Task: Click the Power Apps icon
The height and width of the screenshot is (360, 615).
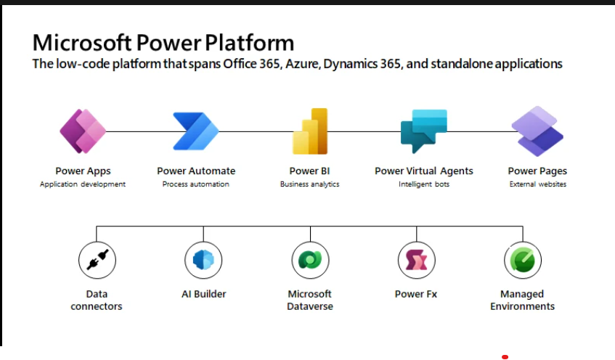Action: coord(82,131)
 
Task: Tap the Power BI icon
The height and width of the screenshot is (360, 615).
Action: coord(310,131)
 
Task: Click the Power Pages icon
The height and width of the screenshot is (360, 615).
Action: coord(537,131)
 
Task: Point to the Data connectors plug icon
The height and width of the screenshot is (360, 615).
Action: coord(97,260)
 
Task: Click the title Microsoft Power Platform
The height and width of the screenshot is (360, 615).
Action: coord(163,41)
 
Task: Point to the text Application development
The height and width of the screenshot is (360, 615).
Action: coord(83,184)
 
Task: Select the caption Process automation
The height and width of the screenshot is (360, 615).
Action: coord(196,184)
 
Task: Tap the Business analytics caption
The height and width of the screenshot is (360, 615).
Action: coord(310,184)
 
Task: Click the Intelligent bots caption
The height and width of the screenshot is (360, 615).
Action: coord(424,184)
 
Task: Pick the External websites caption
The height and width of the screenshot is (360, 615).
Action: coord(537,184)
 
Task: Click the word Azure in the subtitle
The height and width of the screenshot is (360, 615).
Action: coord(302,64)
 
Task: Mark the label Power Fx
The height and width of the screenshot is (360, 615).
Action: coord(416,294)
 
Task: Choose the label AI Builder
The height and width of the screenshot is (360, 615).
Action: coord(203,294)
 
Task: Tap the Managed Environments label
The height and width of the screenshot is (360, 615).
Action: coord(522,300)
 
